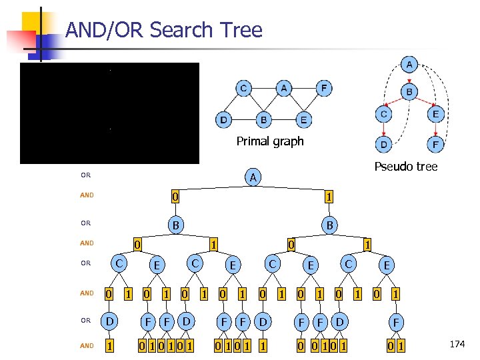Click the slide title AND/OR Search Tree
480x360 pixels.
point(164,30)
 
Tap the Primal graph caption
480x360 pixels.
point(269,141)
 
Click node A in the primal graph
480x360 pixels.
point(284,88)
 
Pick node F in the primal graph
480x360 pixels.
point(324,88)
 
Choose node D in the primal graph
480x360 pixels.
point(223,121)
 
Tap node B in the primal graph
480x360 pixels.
point(264,121)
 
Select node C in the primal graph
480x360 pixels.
point(243,88)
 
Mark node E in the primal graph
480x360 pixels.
point(304,121)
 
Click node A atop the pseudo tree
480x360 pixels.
point(409,65)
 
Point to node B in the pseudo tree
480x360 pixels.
point(409,91)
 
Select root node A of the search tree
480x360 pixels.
point(252,177)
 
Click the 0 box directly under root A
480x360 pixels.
point(174,197)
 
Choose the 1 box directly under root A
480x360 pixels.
point(328,197)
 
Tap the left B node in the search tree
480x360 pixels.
point(175,225)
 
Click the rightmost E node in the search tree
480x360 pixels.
point(385,265)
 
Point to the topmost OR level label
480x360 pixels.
point(85,176)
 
